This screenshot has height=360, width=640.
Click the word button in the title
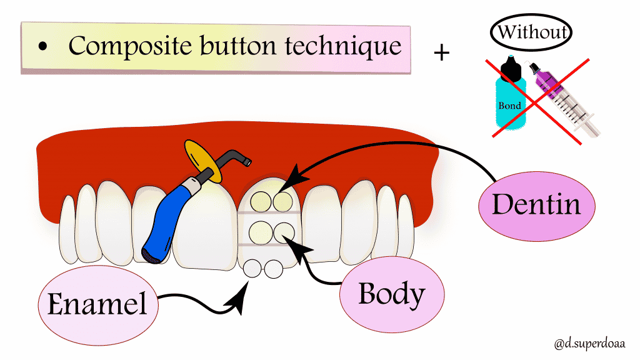226,46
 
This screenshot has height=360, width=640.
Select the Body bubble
391,294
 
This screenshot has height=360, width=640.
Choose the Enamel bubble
97,303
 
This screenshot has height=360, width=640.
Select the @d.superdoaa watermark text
589,343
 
